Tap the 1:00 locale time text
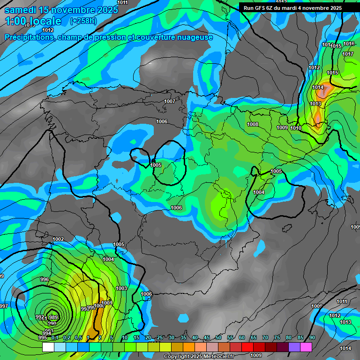33,21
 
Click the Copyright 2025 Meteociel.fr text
199,357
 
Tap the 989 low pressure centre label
53,317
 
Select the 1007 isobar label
170,101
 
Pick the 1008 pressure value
253,124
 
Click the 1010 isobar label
296,128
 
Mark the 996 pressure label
45,279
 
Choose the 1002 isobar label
58,239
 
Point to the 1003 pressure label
121,288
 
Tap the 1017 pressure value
347,54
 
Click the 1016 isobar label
349,44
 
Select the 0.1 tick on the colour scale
55,337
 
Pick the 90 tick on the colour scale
312,337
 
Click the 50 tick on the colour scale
218,337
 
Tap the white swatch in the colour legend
48,347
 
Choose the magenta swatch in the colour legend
306,347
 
